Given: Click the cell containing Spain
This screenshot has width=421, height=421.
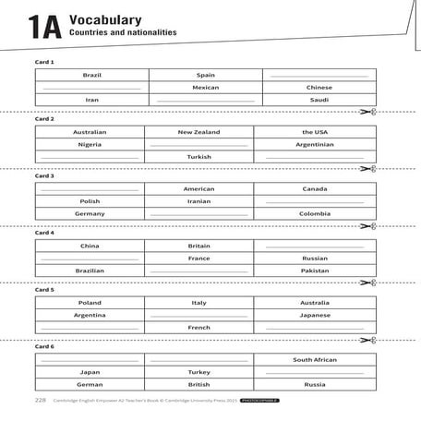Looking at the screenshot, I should pyautogui.click(x=205, y=75).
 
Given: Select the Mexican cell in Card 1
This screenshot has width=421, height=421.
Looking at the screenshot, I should pyautogui.click(x=205, y=88).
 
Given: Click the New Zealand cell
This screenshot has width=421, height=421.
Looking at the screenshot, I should pyautogui.click(x=198, y=132).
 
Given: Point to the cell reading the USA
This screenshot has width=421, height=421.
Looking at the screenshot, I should pyautogui.click(x=314, y=132).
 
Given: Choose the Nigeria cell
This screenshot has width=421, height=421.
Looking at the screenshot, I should pyautogui.click(x=90, y=145).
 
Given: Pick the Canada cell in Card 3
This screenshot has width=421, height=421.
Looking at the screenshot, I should pyautogui.click(x=314, y=188).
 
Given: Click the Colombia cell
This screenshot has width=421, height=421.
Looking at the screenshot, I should pyautogui.click(x=314, y=213).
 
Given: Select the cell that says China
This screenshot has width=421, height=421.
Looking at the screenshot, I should pyautogui.click(x=90, y=246).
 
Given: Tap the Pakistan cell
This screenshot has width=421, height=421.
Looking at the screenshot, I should pyautogui.click(x=314, y=271).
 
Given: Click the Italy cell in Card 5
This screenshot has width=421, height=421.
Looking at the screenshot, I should pyautogui.click(x=198, y=303).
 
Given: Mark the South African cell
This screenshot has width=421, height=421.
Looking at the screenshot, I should pyautogui.click(x=314, y=359).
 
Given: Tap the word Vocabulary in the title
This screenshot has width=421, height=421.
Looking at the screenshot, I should pyautogui.click(x=104, y=18).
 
